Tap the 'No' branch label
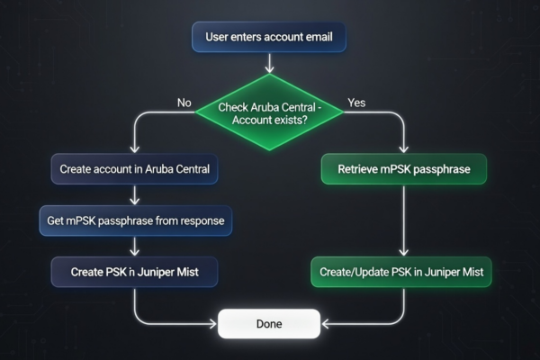coord(184,103)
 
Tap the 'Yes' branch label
coord(356,103)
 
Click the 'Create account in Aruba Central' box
coord(134,168)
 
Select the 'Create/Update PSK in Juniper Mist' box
coord(401,271)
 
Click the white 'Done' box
coord(268,323)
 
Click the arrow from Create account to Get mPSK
coord(134,193)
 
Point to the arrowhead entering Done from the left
coord(213,323)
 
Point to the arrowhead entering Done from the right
coord(325,323)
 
